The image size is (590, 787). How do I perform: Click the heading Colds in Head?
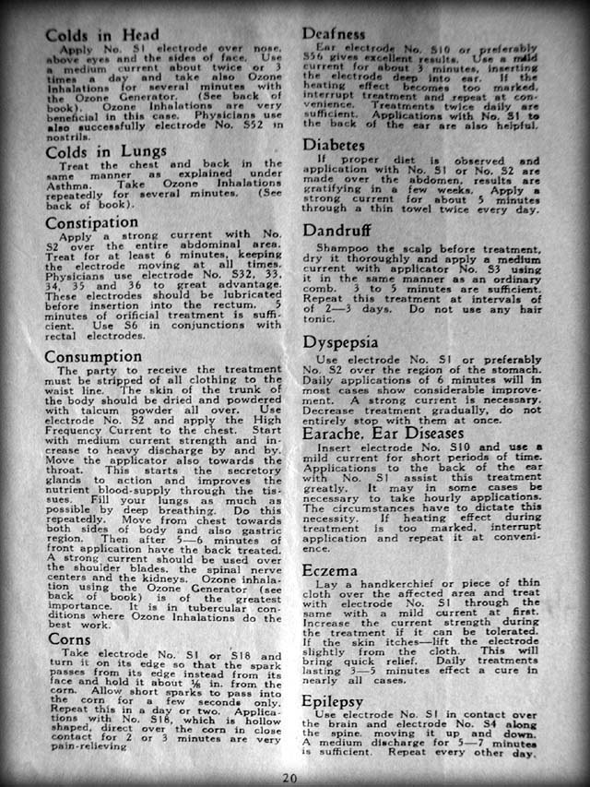pos(101,35)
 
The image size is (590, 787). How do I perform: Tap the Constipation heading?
pos(92,222)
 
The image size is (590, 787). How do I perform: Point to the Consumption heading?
pos(94,356)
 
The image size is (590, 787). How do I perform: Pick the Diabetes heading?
pos(338,145)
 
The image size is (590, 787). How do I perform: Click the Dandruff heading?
pos(341,233)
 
